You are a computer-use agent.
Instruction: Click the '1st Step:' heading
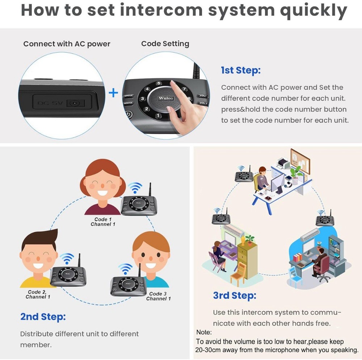coord(241,70)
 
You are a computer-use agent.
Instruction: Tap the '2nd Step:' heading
coord(43,317)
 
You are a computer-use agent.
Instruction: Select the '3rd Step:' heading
coord(235,295)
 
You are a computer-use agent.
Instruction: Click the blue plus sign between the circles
coord(114,93)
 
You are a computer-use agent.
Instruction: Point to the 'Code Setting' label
coord(165,44)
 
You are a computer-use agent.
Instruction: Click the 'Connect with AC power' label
coord(67,44)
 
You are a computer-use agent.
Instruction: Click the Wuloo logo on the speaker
coord(166,98)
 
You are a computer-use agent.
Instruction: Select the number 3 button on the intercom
coord(143,99)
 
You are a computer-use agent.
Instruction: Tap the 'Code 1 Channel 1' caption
coord(103,222)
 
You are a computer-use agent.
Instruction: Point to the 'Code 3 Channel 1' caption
coord(158,296)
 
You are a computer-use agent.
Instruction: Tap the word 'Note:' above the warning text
coord(204,332)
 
